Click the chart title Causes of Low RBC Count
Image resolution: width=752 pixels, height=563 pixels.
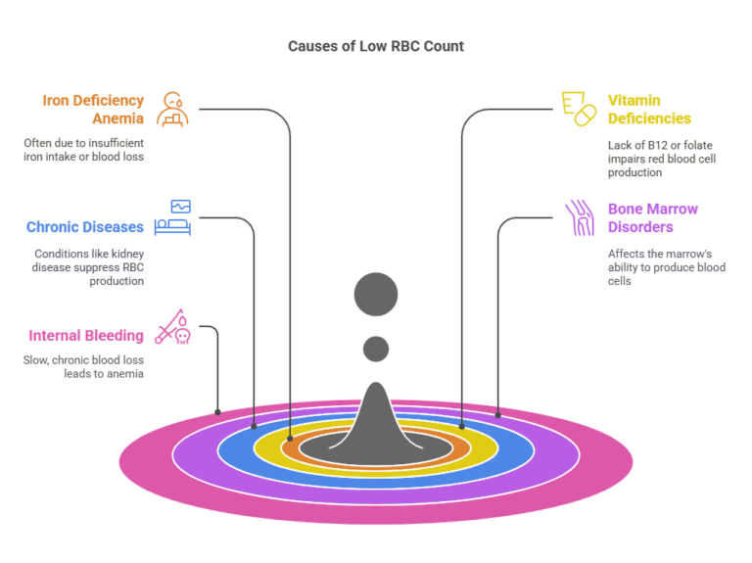(376, 46)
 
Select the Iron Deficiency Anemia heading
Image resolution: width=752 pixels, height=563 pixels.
(93, 110)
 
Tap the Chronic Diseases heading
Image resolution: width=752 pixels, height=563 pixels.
(85, 227)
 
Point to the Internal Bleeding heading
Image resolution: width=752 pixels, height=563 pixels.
(85, 336)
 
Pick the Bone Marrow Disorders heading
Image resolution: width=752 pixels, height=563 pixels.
(653, 218)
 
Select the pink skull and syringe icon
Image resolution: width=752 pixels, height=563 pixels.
(173, 327)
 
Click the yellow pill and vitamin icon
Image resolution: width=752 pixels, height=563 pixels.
(578, 109)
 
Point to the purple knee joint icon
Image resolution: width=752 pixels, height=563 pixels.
(580, 218)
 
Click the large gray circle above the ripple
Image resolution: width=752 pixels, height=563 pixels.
(376, 295)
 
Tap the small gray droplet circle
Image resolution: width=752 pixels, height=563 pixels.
(376, 349)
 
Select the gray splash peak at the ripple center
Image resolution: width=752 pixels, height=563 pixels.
(376, 421)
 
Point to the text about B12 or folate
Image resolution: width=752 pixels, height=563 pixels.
(662, 158)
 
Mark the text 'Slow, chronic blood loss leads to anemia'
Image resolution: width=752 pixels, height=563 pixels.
(83, 366)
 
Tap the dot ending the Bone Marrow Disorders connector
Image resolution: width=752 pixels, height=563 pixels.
(499, 412)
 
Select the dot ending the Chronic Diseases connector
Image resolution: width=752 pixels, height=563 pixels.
(255, 426)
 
